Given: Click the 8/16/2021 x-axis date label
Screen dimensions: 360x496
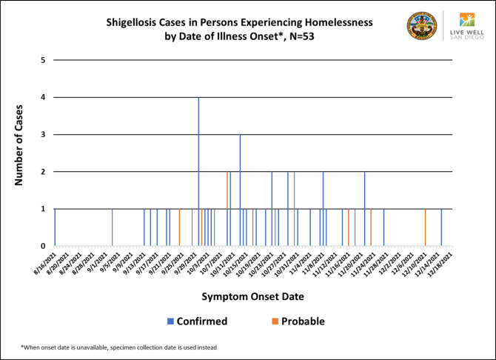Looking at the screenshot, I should pyautogui.click(x=44, y=264).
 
